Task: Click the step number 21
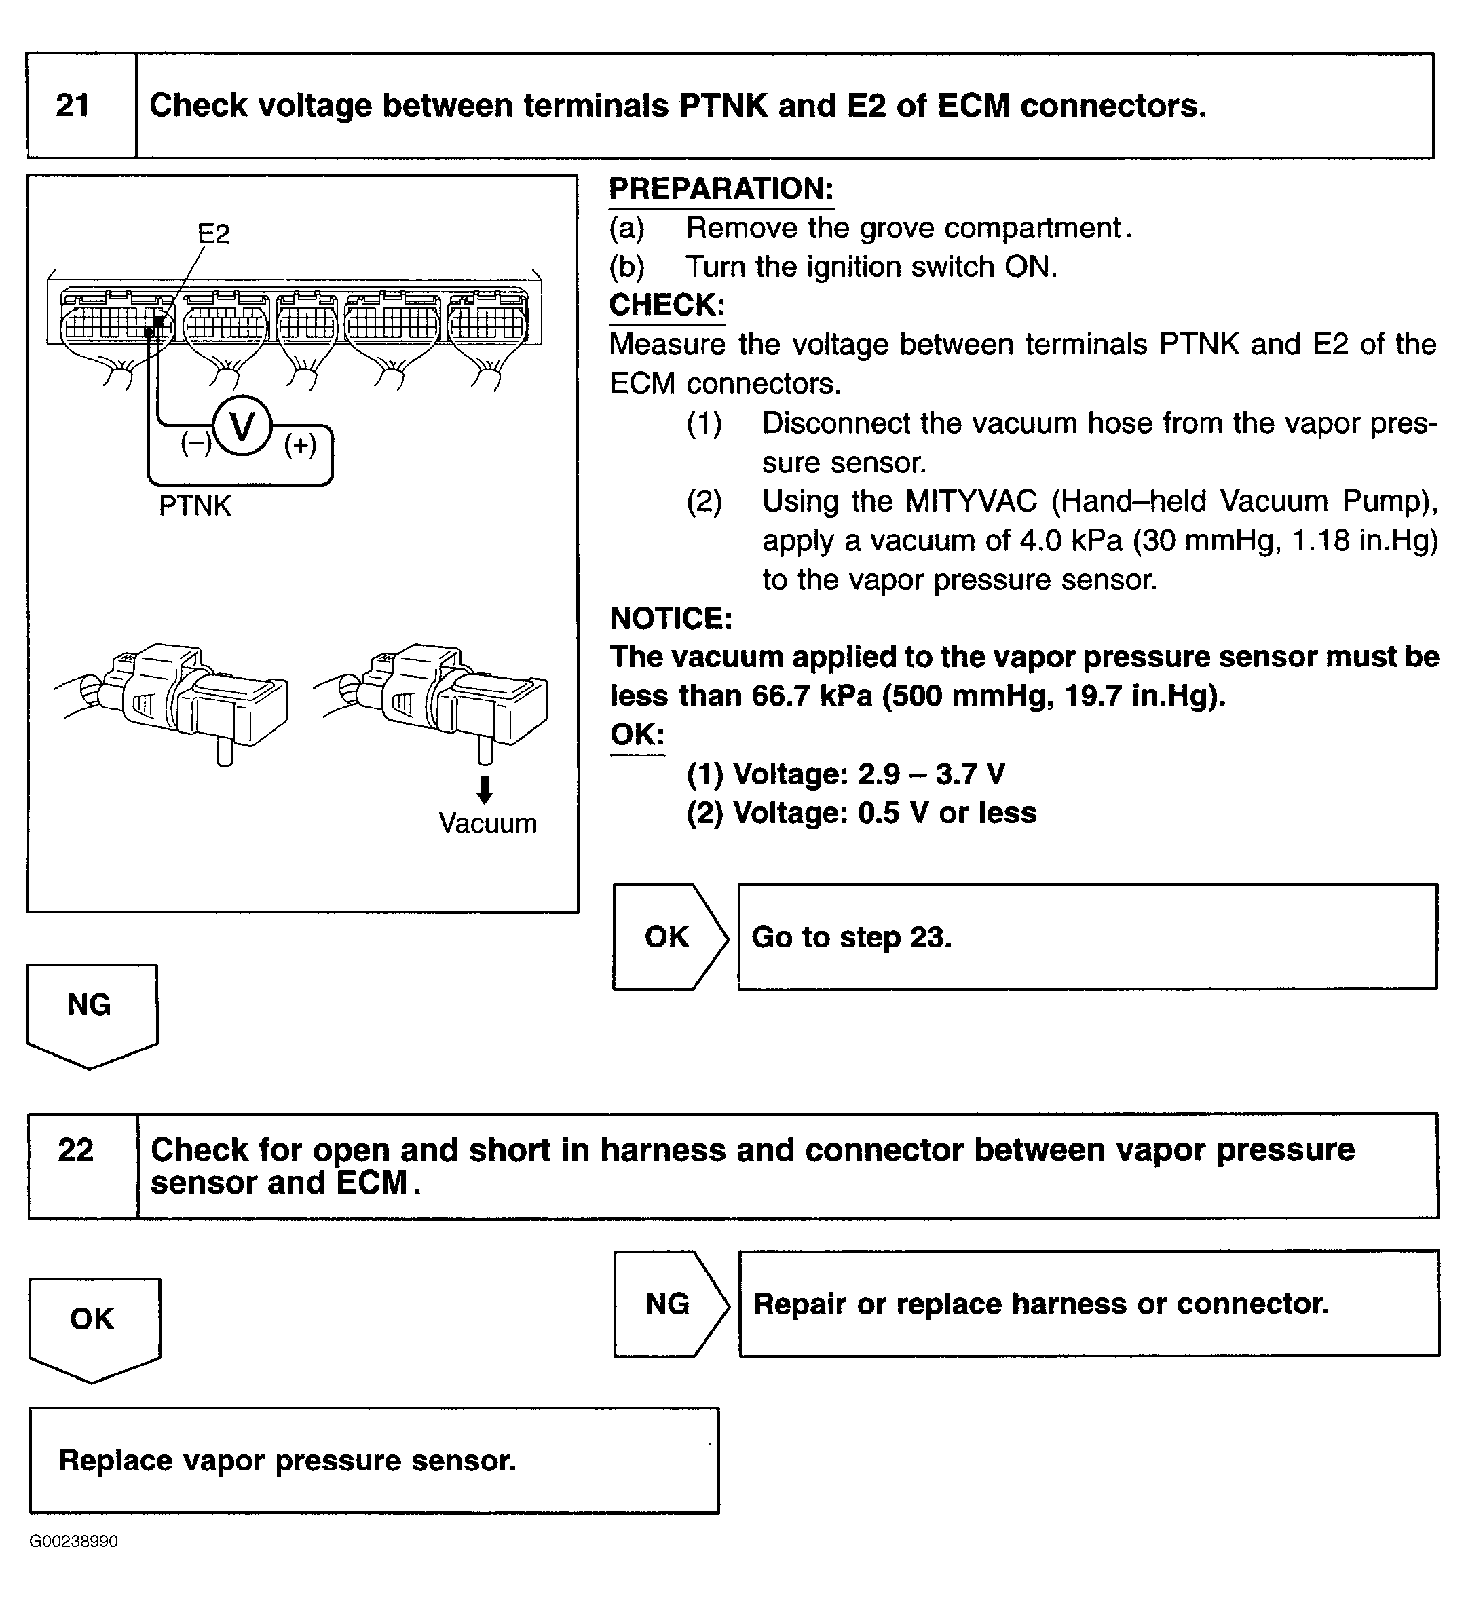73,105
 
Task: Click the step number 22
75,1150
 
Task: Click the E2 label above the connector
213,234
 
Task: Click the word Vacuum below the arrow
487,823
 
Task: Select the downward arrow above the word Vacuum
485,790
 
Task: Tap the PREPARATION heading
721,189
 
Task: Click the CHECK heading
666,305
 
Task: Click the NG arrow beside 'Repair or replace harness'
668,1304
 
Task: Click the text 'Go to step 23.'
851,937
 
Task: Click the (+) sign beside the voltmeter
301,445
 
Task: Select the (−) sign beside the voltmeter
196,442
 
